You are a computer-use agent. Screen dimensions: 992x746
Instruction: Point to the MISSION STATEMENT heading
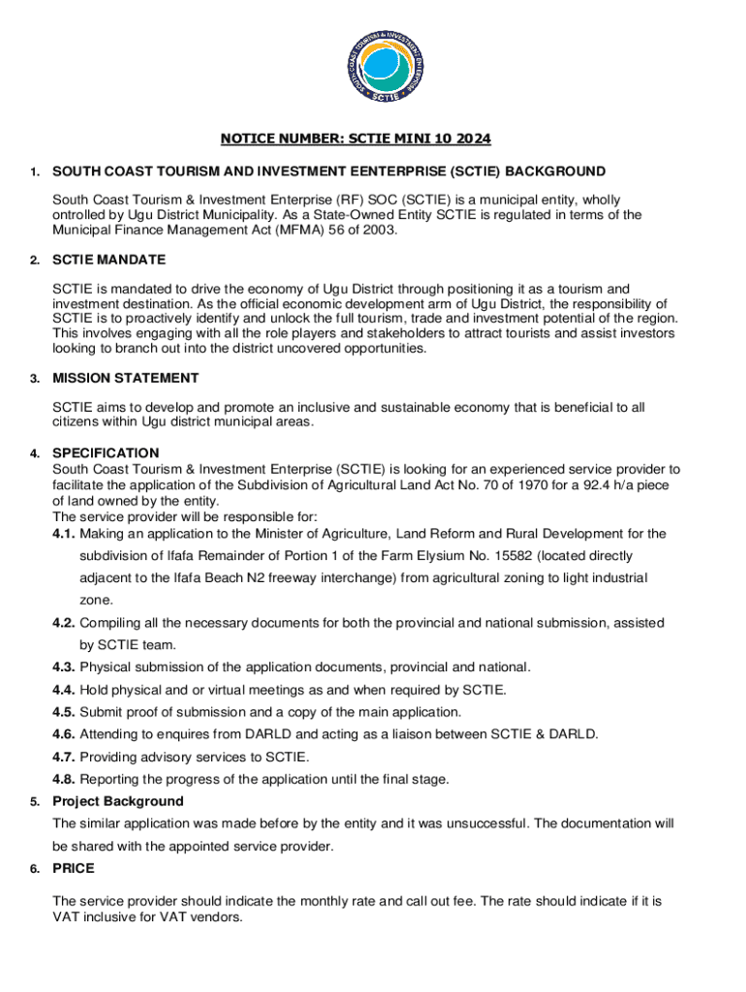point(126,378)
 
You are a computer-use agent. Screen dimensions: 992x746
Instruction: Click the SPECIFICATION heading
point(106,452)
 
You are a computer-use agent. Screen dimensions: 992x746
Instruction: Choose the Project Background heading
point(117,801)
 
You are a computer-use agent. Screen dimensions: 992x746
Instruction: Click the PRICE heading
point(74,869)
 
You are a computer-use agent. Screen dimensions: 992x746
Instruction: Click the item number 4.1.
point(64,534)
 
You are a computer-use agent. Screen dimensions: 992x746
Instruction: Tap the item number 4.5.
point(64,712)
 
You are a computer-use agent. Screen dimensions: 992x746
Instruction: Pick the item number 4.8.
point(64,779)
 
